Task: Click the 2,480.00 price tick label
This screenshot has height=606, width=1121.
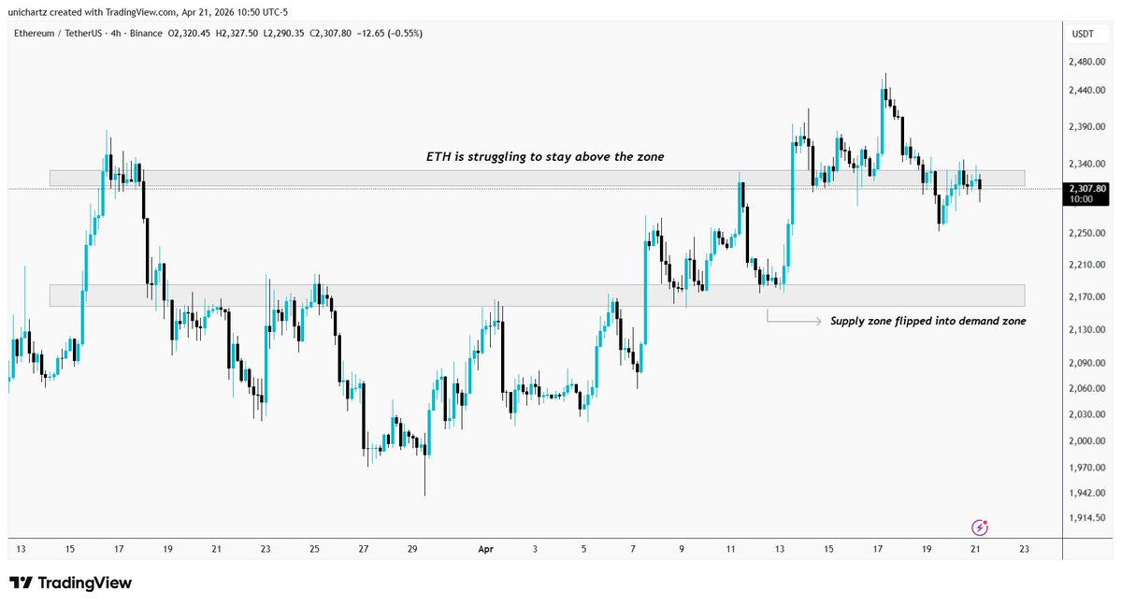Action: (x=1086, y=63)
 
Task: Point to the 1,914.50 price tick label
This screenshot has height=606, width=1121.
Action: (x=1086, y=517)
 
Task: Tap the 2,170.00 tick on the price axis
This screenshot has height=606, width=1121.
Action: (x=1086, y=297)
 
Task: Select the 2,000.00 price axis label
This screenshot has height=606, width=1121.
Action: (x=1086, y=440)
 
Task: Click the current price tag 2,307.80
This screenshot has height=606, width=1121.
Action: (x=1086, y=188)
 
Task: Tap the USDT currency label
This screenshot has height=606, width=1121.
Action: (x=1083, y=34)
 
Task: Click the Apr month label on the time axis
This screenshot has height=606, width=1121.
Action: (x=485, y=550)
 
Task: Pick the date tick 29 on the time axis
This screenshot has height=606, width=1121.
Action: (x=411, y=550)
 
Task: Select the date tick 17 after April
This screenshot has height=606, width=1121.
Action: (x=877, y=550)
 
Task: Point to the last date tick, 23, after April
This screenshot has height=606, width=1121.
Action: (x=1024, y=550)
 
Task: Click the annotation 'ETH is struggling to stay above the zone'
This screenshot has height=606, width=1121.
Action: (x=540, y=157)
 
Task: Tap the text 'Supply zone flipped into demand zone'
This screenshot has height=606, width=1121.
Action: (x=927, y=321)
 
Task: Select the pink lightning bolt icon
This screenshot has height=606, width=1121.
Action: (x=980, y=527)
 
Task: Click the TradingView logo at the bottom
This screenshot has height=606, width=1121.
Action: (x=71, y=583)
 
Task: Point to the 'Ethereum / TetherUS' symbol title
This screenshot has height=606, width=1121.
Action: (x=60, y=34)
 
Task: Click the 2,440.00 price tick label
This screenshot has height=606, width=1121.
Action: (x=1086, y=91)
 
